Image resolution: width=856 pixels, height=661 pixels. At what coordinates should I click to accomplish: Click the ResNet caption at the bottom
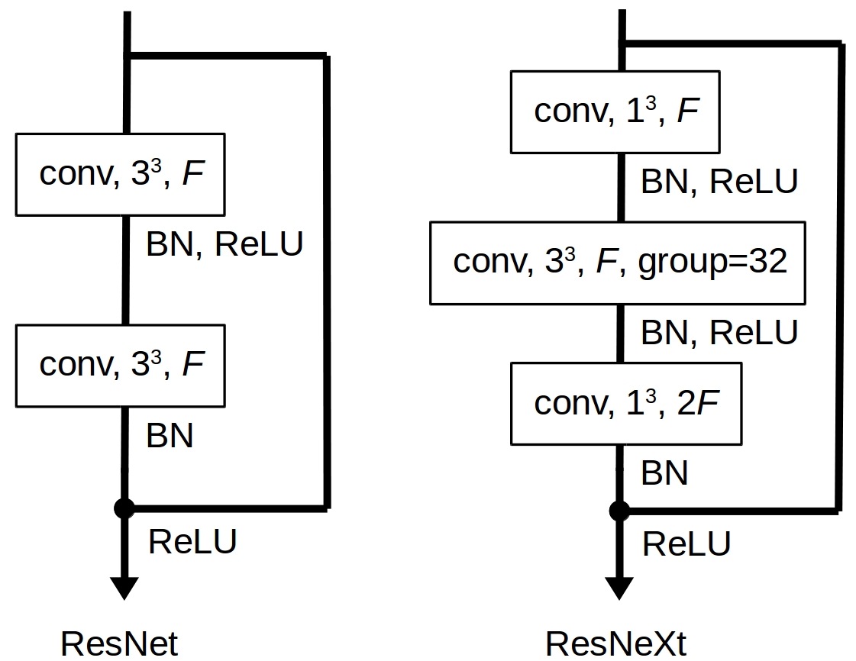pyautogui.click(x=119, y=643)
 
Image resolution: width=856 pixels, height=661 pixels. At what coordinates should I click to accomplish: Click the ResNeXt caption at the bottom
pyautogui.click(x=615, y=643)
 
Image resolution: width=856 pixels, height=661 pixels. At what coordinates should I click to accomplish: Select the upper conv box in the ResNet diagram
pyautogui.click(x=120, y=175)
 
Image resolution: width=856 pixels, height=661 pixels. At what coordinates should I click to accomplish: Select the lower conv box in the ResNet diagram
pyautogui.click(x=120, y=366)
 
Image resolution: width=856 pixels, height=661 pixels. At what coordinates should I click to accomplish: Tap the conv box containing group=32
pyautogui.click(x=618, y=263)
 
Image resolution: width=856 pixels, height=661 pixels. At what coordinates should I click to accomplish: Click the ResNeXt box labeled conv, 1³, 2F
pyautogui.click(x=626, y=403)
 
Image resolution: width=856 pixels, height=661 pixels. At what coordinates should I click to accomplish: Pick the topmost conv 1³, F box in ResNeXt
pyautogui.click(x=615, y=112)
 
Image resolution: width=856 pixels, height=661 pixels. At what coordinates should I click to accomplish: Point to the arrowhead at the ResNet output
pyautogui.click(x=124, y=588)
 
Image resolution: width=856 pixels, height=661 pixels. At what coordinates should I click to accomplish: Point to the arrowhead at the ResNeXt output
pyautogui.click(x=619, y=588)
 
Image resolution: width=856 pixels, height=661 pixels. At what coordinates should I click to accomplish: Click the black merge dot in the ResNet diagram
pyautogui.click(x=124, y=508)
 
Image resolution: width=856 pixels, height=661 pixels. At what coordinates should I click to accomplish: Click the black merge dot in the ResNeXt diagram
pyautogui.click(x=619, y=511)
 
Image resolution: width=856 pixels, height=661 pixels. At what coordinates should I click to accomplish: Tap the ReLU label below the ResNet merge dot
pyautogui.click(x=192, y=541)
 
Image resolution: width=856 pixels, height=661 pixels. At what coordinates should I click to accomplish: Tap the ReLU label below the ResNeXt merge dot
pyautogui.click(x=686, y=543)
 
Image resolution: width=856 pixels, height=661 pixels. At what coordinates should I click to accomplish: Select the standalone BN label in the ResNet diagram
pyautogui.click(x=170, y=436)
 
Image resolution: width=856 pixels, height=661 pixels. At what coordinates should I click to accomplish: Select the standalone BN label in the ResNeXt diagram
pyautogui.click(x=664, y=472)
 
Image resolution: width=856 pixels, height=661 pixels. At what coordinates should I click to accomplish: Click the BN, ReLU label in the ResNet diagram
pyautogui.click(x=224, y=243)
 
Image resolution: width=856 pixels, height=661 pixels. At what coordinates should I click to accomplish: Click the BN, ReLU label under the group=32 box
pyautogui.click(x=719, y=332)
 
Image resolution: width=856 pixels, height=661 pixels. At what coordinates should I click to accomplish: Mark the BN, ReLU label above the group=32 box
pyautogui.click(x=719, y=181)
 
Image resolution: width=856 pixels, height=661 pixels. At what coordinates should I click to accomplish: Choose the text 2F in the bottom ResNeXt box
pyautogui.click(x=698, y=403)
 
